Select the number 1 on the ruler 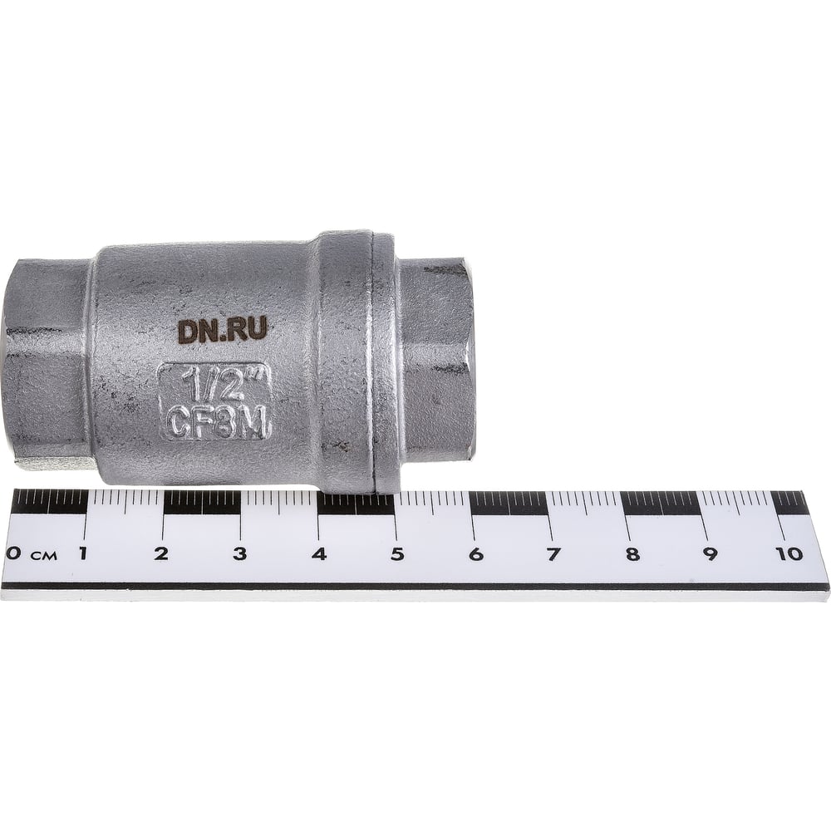coord(82,553)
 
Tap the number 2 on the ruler coord(161,553)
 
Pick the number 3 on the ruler coord(240,553)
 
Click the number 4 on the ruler coord(319,553)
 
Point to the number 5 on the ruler coord(397,553)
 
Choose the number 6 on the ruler coord(476,553)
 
